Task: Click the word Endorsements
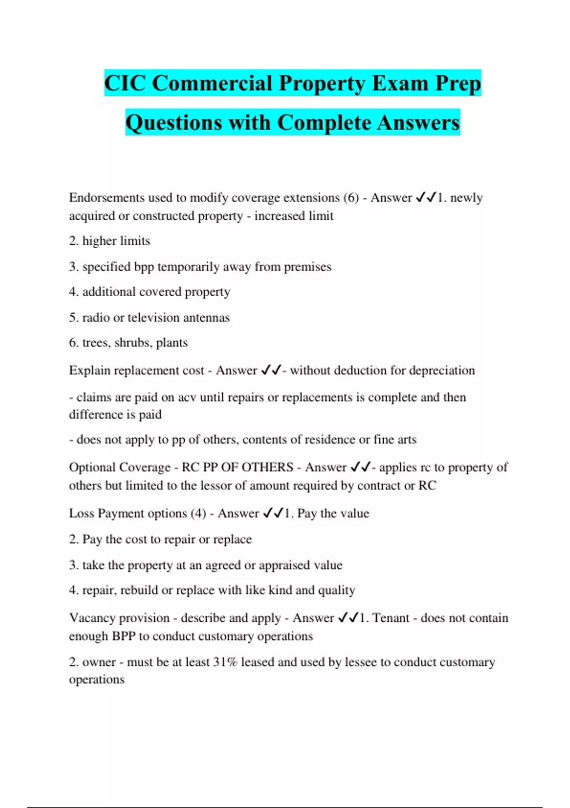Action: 106,197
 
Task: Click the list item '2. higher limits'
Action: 109,241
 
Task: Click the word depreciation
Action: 442,370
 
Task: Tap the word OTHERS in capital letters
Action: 267,467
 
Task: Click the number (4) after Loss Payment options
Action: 198,513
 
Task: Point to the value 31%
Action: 225,662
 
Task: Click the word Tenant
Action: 390,618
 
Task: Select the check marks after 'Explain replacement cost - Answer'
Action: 271,370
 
